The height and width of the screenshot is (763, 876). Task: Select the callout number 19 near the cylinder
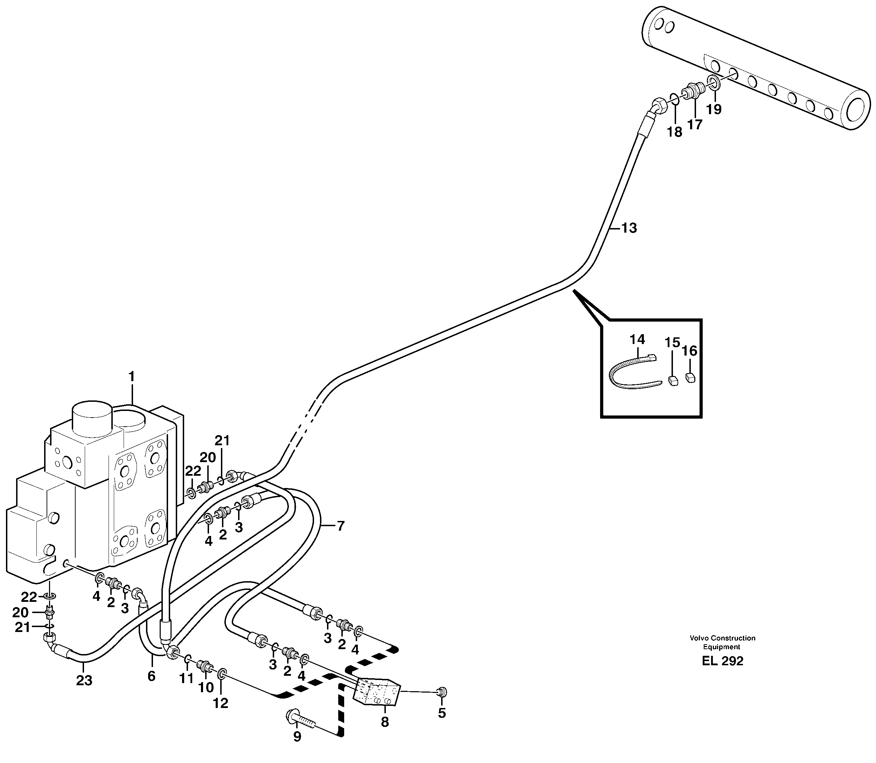[x=714, y=109]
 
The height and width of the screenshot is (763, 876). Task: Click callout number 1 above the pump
[x=131, y=377]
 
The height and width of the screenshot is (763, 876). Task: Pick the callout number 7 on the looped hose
[x=340, y=526]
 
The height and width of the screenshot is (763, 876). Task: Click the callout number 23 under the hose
[x=84, y=681]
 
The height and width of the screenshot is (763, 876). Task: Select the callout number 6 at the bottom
[x=152, y=676]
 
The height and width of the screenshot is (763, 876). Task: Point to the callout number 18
[x=674, y=132]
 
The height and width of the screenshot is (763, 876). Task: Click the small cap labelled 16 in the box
[x=690, y=378]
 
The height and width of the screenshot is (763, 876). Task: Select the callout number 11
[x=186, y=679]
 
